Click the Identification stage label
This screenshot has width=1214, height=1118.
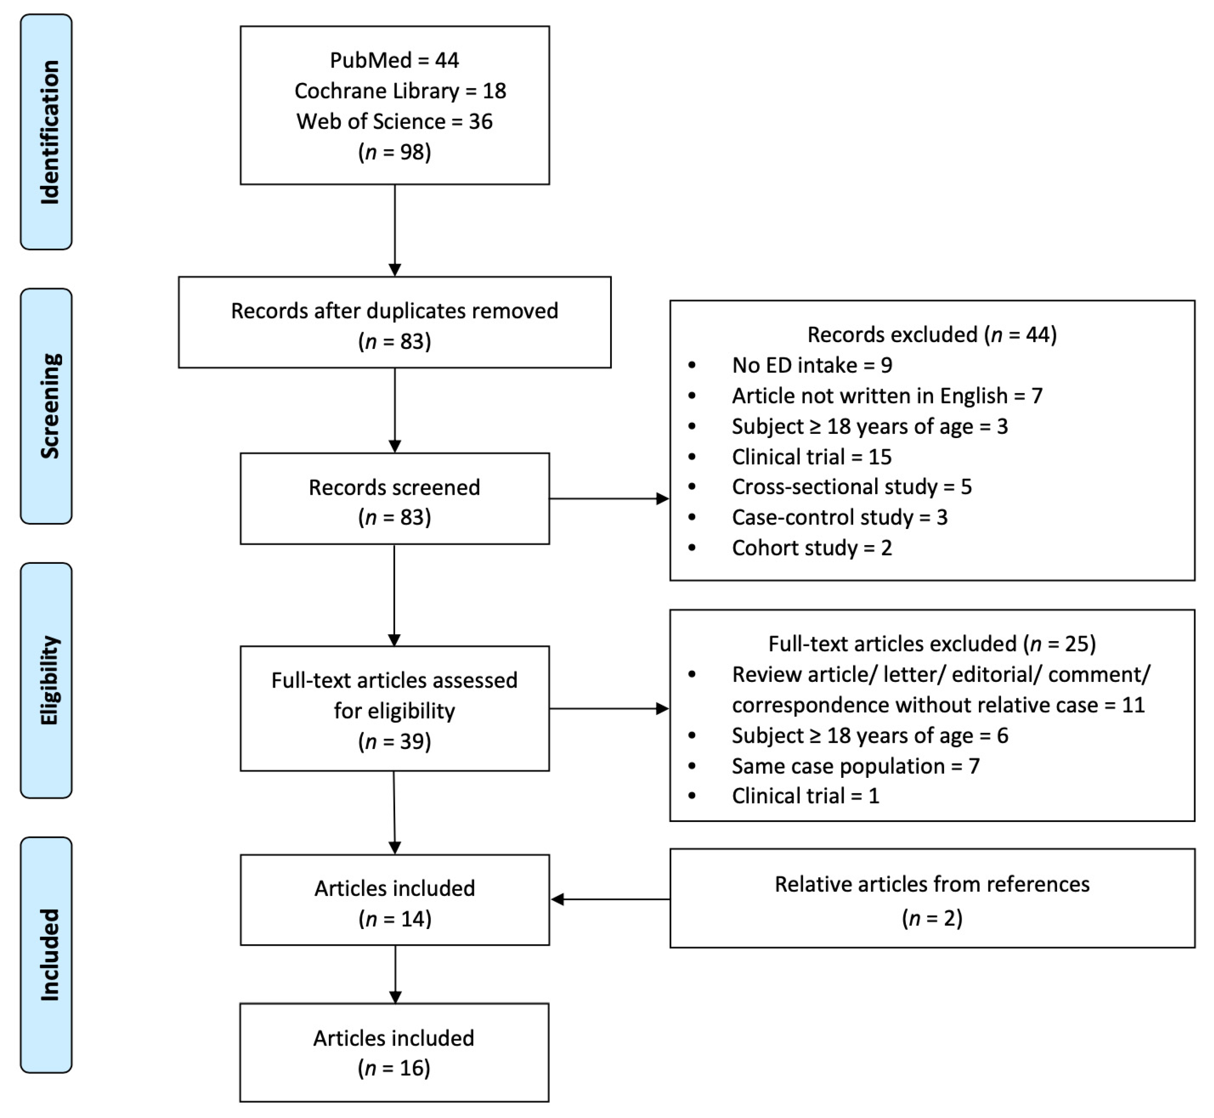point(46,132)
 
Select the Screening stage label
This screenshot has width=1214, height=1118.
point(46,406)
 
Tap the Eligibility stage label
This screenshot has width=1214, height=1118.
point(46,680)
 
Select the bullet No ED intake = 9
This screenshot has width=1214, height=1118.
point(812,365)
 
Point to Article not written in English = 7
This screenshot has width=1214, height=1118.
point(887,396)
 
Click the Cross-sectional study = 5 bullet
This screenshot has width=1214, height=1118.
point(852,486)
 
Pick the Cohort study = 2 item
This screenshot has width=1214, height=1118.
point(812,547)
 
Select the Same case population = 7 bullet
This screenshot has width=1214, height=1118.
point(855,766)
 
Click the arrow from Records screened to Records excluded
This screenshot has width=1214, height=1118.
point(608,499)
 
